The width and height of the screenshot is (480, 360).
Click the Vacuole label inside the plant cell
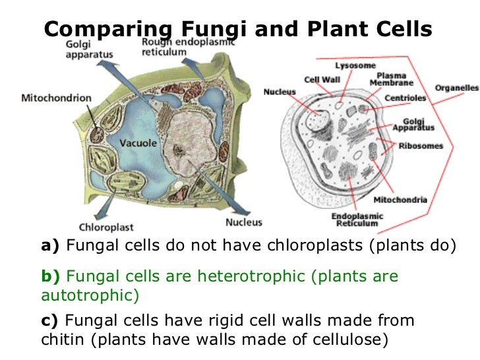(x=137, y=143)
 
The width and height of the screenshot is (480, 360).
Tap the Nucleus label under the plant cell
(x=243, y=222)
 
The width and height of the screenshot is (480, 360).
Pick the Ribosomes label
(x=421, y=146)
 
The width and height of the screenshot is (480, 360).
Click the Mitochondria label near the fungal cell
(x=400, y=200)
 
